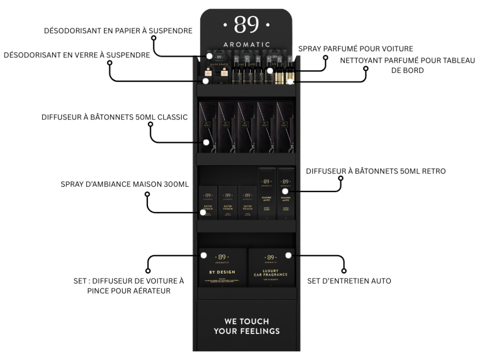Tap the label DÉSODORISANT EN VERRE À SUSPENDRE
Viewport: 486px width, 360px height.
77,55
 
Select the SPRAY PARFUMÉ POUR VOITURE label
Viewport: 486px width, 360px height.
355,48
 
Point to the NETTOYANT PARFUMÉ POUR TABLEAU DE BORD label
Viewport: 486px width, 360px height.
408,65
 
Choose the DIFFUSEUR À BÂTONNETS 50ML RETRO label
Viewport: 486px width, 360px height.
376,171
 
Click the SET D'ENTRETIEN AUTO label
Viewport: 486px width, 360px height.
349,281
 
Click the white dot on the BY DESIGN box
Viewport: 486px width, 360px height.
203,255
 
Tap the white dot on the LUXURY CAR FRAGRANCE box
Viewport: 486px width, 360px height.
288,255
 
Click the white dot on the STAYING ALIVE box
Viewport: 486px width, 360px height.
279,192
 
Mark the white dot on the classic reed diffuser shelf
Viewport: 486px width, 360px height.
206,142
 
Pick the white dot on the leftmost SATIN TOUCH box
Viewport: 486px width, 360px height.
203,212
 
